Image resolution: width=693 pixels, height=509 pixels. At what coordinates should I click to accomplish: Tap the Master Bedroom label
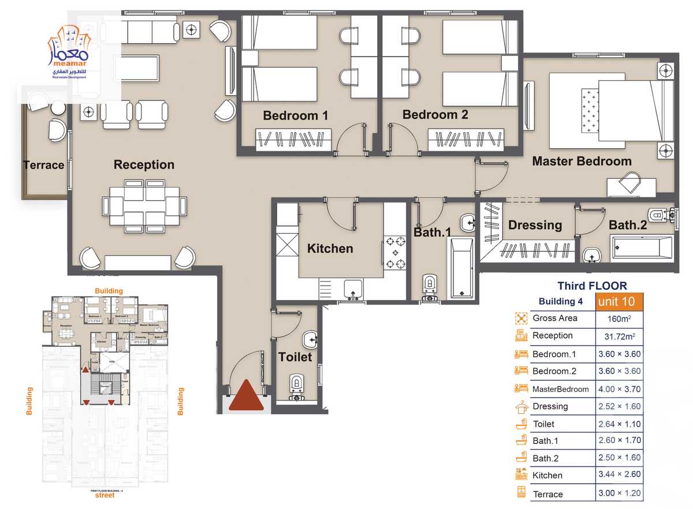[582, 161]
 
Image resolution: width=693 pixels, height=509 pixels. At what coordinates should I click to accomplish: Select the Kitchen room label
[330, 249]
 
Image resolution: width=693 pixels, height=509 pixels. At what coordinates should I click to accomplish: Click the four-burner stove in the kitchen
[396, 253]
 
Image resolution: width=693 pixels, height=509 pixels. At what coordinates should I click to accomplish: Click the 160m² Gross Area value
[619, 319]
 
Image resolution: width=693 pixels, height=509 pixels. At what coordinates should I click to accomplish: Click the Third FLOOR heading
[592, 286]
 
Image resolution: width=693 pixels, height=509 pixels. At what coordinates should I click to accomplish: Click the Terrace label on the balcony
[44, 165]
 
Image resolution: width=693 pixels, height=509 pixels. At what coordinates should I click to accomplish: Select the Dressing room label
[535, 225]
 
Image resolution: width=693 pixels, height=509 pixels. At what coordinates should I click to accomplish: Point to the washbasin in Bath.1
[467, 222]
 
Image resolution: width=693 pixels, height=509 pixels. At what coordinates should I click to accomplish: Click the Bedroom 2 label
[435, 114]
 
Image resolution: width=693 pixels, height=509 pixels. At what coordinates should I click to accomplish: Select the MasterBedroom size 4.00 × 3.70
[618, 389]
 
